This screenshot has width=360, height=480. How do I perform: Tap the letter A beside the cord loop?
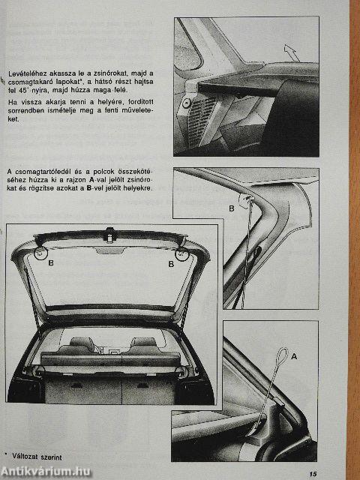point(293,356)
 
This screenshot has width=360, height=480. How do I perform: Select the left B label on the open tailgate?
point(51,263)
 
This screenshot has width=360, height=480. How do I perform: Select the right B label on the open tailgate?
point(170,263)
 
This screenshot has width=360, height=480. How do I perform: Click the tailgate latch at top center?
point(110,236)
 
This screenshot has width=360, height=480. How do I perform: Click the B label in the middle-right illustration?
point(231,207)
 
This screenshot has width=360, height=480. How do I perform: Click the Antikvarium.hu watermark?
point(51,471)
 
